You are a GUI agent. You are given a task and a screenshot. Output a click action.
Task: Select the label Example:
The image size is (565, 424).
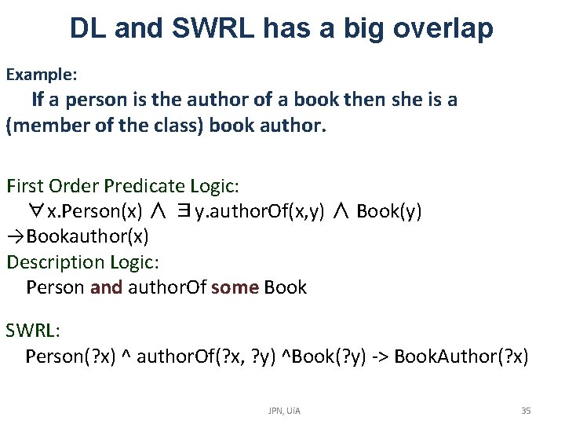point(42,75)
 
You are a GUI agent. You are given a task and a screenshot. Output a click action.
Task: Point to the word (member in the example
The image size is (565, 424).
point(49,126)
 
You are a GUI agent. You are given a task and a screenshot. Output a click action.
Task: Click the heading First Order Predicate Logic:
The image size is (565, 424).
point(123,186)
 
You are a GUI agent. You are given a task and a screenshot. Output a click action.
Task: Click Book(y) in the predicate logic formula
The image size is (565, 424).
point(389,211)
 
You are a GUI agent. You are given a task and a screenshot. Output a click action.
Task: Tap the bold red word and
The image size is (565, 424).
point(107,287)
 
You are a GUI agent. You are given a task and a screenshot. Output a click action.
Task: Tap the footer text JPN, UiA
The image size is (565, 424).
point(284,410)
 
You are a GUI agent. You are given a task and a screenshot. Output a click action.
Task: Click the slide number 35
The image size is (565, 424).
point(526,410)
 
